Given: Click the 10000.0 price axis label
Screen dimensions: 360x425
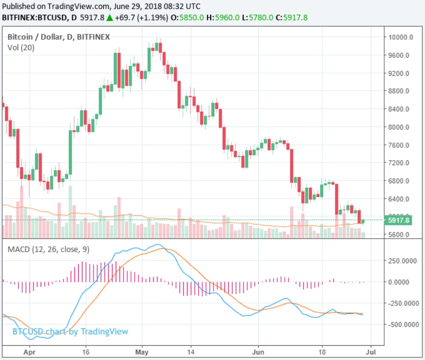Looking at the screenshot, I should tap(401, 37).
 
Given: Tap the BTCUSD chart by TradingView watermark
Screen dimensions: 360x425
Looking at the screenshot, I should tap(70, 332).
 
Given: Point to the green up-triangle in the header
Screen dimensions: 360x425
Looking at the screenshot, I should tap(109, 18).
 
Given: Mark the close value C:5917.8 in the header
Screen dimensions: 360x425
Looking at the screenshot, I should tap(292, 18).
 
